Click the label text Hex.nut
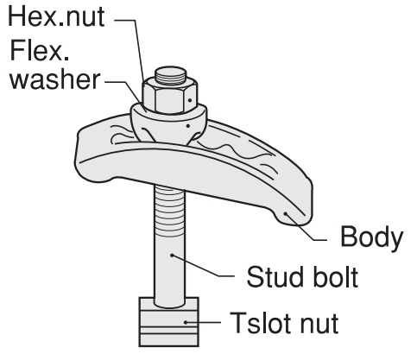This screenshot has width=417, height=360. coord(56,17)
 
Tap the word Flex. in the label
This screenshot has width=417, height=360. coord(40,50)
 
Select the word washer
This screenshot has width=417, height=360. coord(55,79)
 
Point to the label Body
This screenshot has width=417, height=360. coord(371,237)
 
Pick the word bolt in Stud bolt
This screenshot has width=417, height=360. coord(334,277)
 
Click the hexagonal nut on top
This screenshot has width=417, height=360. coord(170,95)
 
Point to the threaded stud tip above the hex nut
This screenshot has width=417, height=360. coord(170,75)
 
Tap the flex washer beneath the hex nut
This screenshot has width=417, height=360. coord(168,123)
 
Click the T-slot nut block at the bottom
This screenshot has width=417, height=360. coord(169,322)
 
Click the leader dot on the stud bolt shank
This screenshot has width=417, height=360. coord(172,256)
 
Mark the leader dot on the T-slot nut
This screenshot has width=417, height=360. coord(186,322)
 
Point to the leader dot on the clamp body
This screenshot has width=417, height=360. coord(286,213)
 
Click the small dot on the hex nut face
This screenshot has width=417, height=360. coord(190,100)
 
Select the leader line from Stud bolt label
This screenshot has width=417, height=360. coord(201,267)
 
